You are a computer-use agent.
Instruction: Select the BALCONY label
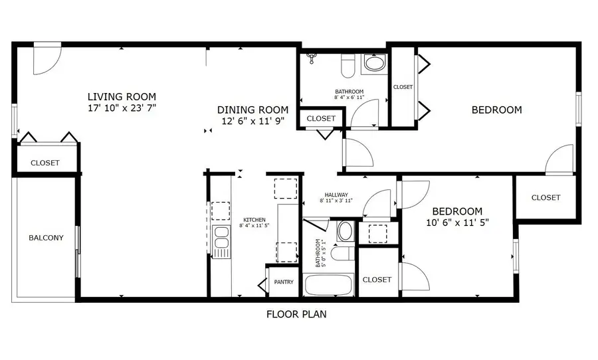[46, 238]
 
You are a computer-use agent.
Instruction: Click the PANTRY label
[284, 282]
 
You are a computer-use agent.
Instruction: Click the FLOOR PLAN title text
[296, 314]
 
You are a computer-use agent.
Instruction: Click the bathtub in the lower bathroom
[328, 285]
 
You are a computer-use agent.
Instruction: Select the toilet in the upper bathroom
[348, 66]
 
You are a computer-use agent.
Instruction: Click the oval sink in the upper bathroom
[374, 65]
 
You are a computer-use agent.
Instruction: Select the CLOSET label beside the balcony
[45, 163]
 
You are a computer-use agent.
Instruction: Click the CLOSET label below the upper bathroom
[321, 118]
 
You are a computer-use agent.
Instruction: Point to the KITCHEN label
[254, 220]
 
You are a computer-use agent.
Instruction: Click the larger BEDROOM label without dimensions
[496, 110]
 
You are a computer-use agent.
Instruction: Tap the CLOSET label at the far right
[546, 197]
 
